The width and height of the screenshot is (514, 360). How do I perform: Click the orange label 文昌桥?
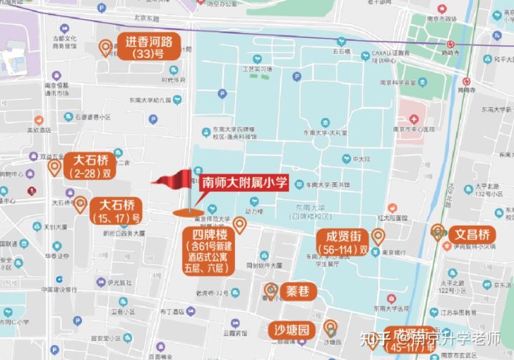pos(472,234)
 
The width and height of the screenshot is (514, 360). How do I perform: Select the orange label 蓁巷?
pos(297,291)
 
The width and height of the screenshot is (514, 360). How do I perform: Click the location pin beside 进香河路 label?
pos(106,48)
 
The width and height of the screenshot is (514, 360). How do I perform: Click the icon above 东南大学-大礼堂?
pos(326,122)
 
